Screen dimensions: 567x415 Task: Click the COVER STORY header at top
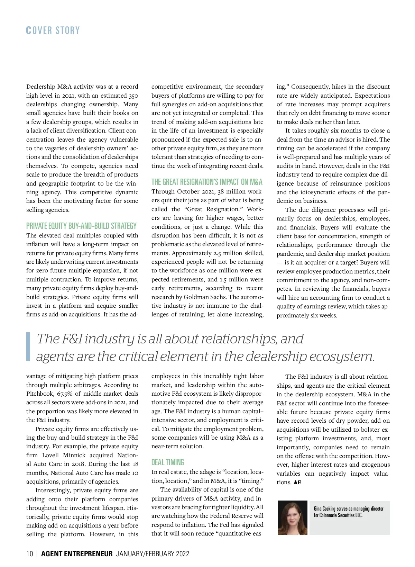pos(53,30)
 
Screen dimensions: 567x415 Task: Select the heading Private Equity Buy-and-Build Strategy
pos(81,226)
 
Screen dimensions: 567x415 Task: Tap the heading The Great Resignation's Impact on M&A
pos(207,182)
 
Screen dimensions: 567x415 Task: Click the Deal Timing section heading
pos(168,462)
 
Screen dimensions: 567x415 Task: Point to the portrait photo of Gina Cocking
pos(293,518)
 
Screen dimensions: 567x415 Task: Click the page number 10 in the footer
pos(30,554)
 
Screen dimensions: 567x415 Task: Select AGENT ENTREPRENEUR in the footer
pos(77,554)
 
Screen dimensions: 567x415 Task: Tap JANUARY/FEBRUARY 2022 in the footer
pos(153,554)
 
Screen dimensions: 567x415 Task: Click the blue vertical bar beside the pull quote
pos(28,347)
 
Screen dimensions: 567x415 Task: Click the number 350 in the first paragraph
pos(133,96)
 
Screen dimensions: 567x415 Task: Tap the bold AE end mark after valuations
pos(297,483)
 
